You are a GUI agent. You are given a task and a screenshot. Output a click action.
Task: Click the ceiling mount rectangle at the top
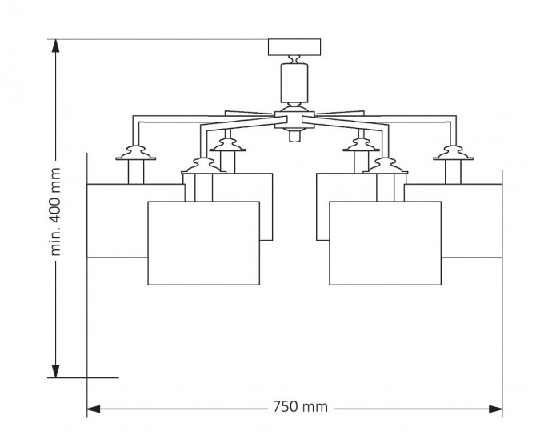pos(294,46)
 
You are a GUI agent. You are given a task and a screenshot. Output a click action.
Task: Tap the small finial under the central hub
pos(294,137)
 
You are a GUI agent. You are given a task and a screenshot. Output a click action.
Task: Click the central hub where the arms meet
pos(294,115)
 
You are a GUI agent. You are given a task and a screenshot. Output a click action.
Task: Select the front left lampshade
pos(204,243)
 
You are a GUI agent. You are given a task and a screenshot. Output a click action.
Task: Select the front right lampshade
pos(385,243)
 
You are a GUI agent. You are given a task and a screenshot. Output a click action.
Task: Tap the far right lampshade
pos(472,220)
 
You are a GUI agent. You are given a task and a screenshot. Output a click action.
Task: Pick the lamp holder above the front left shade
pos(200,166)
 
